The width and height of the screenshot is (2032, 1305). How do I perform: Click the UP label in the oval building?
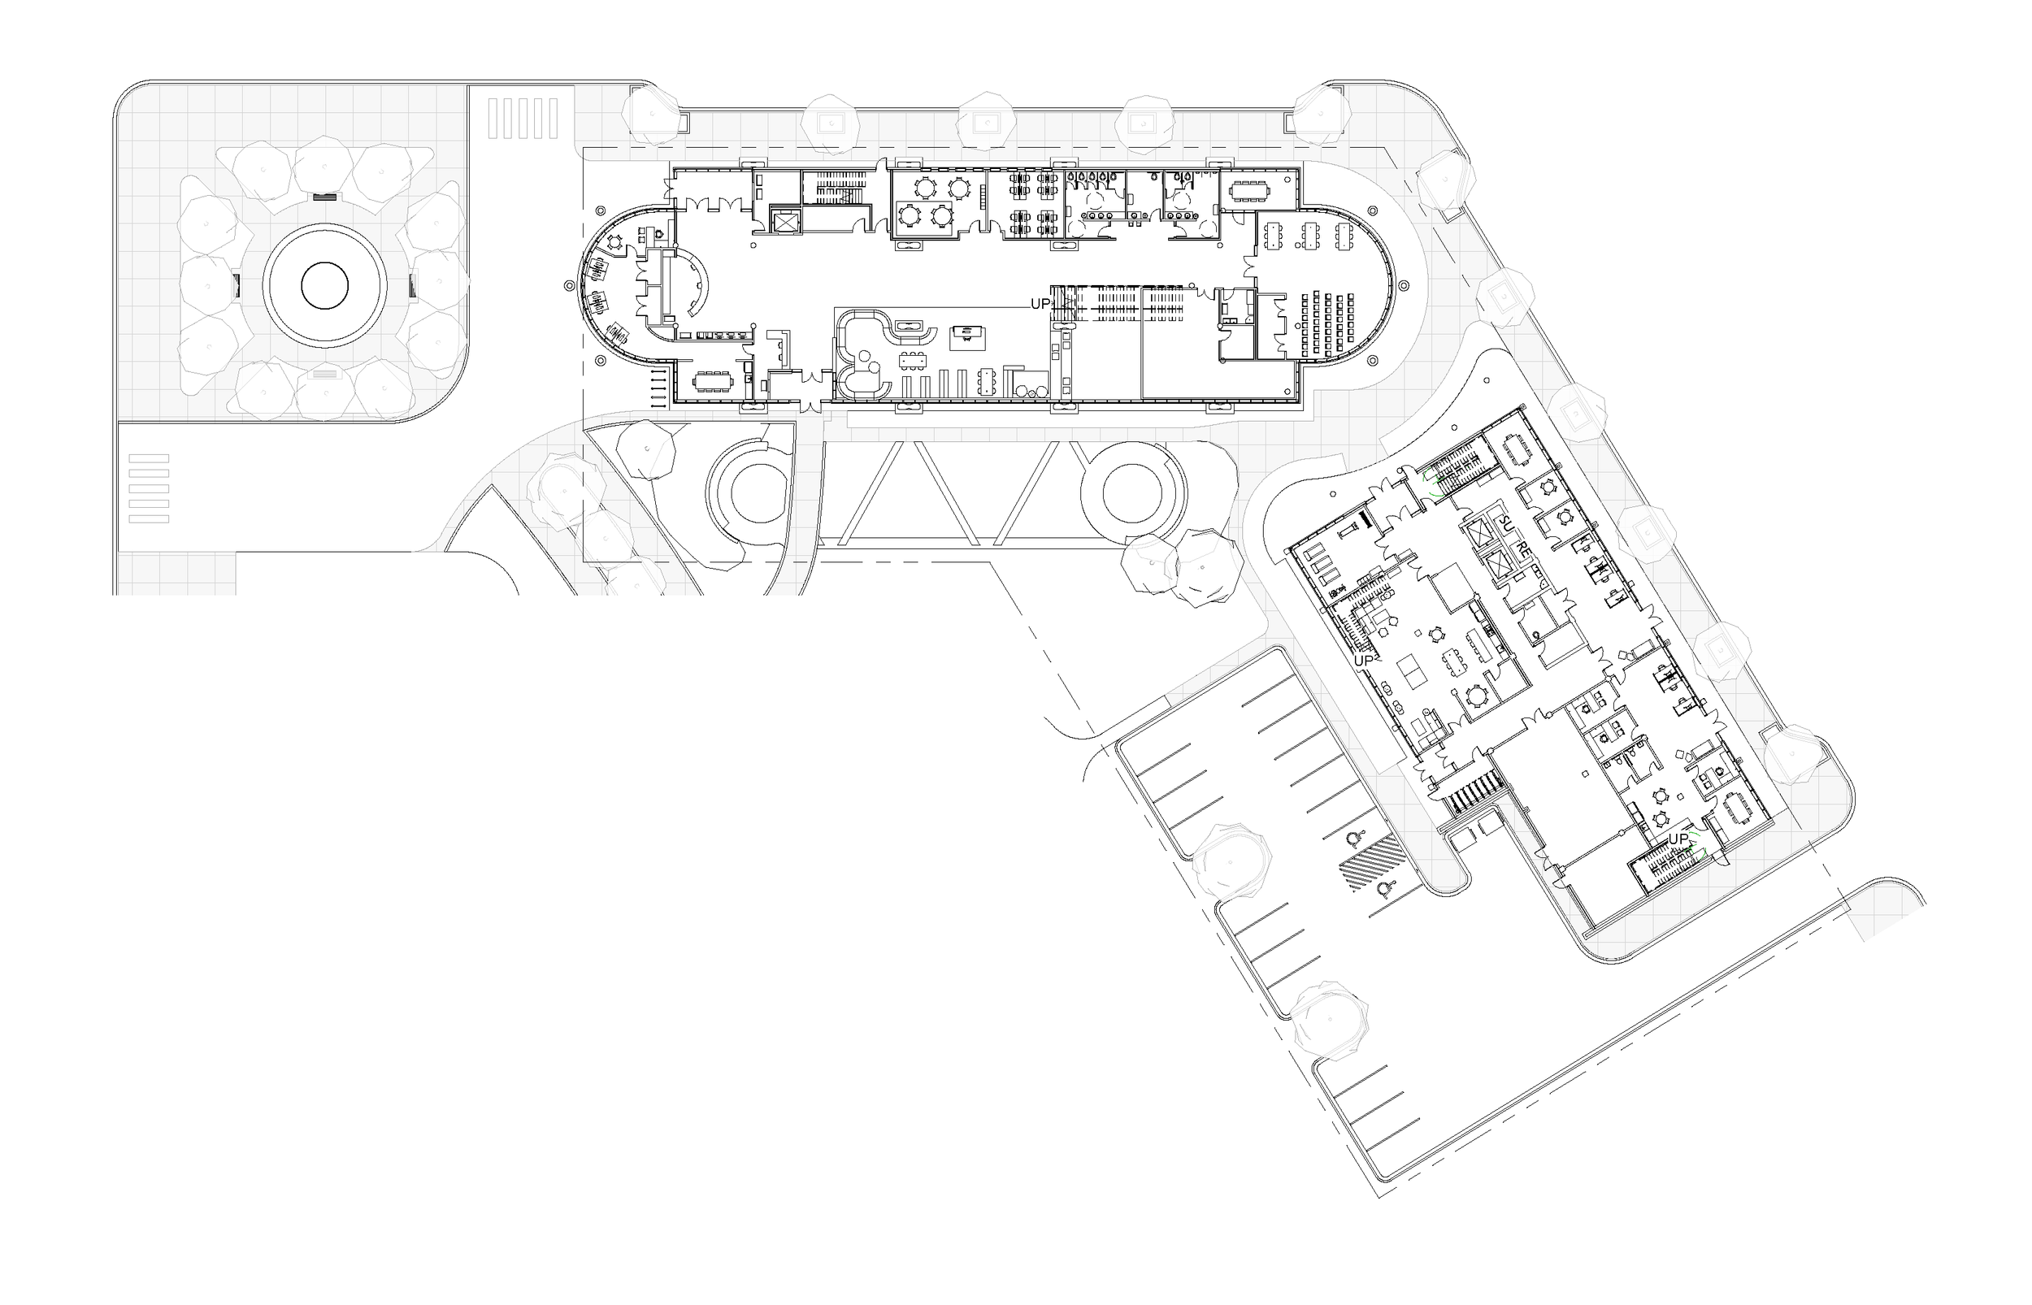[1040, 303]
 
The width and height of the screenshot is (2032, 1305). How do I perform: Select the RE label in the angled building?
[1522, 549]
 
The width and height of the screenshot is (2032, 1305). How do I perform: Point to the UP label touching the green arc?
[1678, 839]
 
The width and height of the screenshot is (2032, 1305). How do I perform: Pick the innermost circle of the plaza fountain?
[324, 285]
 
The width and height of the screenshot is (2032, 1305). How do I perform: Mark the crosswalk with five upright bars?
[523, 118]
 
